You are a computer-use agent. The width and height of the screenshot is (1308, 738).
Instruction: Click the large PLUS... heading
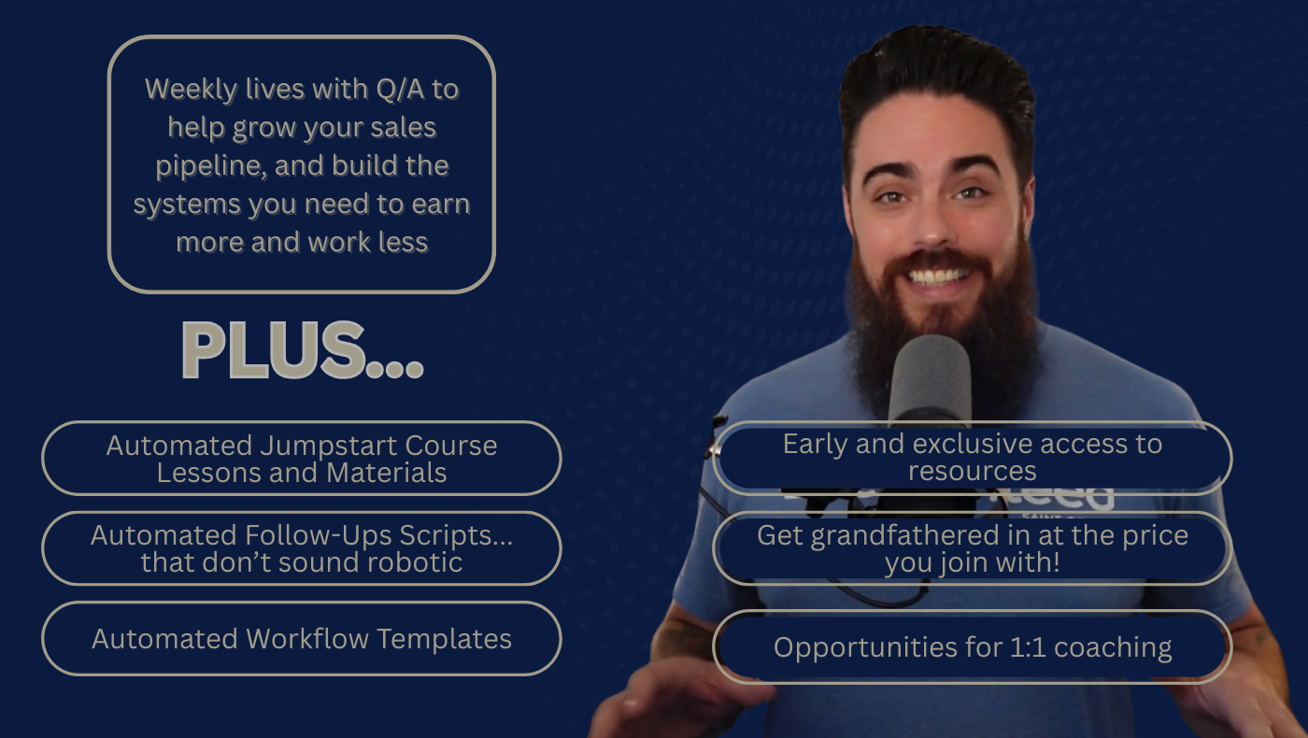(x=303, y=350)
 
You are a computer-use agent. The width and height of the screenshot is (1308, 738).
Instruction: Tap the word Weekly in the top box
(x=192, y=90)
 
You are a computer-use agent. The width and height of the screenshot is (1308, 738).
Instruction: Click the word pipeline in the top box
(x=211, y=166)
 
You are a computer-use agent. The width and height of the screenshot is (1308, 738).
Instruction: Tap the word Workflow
(x=307, y=639)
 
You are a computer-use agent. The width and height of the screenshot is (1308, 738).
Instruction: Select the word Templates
(x=444, y=640)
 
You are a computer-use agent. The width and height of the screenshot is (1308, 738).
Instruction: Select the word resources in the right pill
(x=973, y=471)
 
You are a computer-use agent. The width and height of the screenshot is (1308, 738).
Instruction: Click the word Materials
(x=386, y=473)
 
